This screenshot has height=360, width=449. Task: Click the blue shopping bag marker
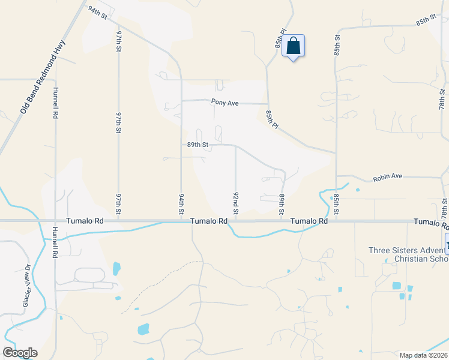point(293,46)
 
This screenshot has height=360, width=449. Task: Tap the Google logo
point(20,353)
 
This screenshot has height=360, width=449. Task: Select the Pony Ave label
point(225,103)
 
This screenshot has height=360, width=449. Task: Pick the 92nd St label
point(236,203)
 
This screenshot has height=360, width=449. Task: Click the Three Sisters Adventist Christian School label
point(409,254)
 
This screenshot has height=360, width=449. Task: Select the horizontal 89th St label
point(197,145)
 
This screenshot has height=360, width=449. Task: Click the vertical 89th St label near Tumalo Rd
point(281,203)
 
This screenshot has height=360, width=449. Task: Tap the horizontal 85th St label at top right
point(426,20)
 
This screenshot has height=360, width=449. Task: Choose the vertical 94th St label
point(181,203)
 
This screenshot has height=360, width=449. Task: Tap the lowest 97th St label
point(119,203)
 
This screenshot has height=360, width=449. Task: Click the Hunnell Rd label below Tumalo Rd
point(55,246)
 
